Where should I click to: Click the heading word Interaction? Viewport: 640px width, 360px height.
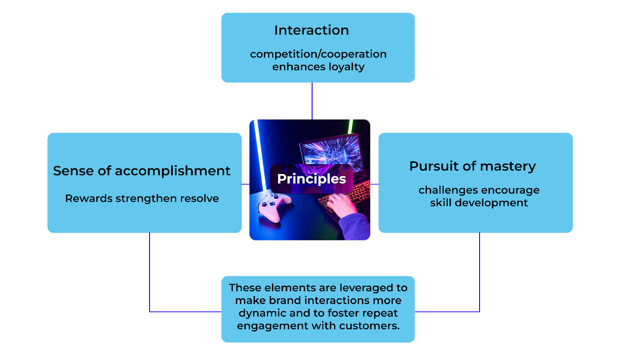[x=311, y=30]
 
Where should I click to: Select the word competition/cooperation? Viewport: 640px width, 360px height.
[x=318, y=54]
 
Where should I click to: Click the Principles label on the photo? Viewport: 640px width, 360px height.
[x=311, y=179]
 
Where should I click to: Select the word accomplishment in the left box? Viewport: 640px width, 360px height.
[x=172, y=171]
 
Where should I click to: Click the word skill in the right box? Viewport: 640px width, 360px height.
[x=441, y=203]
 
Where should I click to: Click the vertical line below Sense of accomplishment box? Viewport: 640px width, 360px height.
[x=150, y=272]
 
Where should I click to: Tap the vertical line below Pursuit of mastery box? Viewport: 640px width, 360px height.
[x=479, y=272]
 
